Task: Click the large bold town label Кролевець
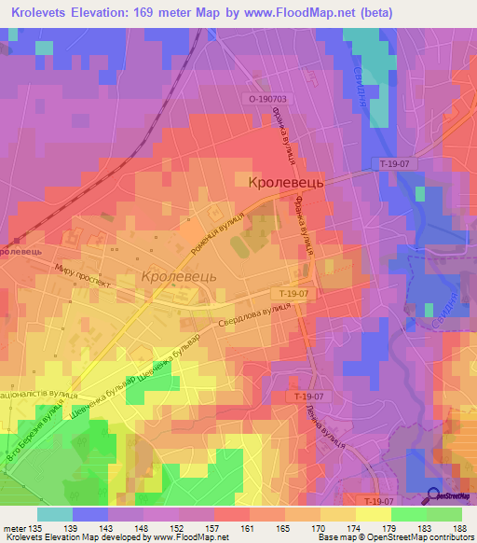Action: point(286,185)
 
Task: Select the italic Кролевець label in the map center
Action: point(180,277)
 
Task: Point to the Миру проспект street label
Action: point(82,274)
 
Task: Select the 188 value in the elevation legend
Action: point(461,528)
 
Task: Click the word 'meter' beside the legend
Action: point(14,528)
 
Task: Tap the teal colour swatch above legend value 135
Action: point(55,514)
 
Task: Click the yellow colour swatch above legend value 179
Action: point(373,514)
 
